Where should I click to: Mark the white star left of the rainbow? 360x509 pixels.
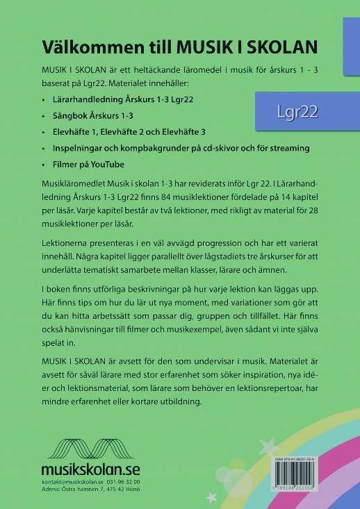pos(211,497)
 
